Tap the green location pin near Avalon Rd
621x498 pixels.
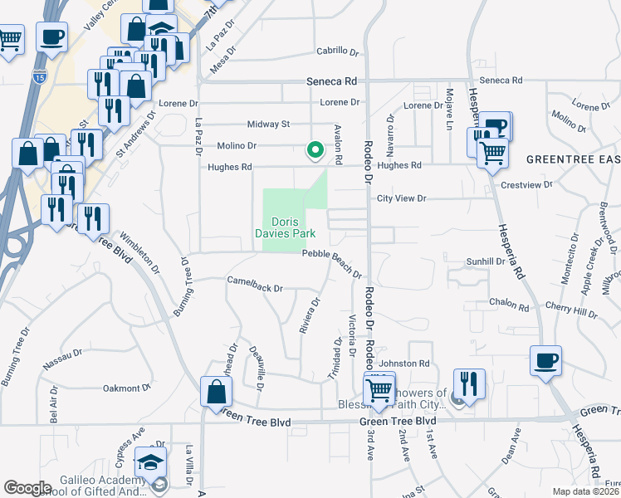tap(315, 150)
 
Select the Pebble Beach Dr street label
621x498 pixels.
tap(332, 264)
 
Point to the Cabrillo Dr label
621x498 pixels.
tap(336, 51)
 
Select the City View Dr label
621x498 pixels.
tap(401, 198)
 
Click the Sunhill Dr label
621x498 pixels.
tap(486, 261)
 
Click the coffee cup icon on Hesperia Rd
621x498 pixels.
tap(545, 361)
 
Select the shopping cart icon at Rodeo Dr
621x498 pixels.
tap(379, 388)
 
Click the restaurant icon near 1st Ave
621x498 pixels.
tap(469, 384)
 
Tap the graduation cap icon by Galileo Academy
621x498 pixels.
tap(151, 461)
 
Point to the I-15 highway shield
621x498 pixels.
tap(40, 77)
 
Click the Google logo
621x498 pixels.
tap(27, 488)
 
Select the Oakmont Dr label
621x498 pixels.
tap(125, 388)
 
